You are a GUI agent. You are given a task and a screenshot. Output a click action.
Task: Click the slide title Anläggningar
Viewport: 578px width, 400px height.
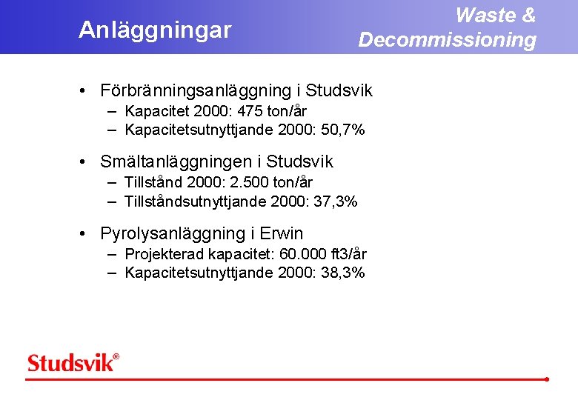(155, 30)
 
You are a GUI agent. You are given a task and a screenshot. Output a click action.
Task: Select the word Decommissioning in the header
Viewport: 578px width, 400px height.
(447, 40)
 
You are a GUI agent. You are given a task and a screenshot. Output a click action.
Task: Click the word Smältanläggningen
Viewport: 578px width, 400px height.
(179, 161)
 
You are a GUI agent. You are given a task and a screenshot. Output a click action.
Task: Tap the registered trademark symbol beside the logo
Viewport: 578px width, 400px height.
(116, 357)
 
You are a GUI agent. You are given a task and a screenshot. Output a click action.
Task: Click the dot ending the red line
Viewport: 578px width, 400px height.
(546, 379)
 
